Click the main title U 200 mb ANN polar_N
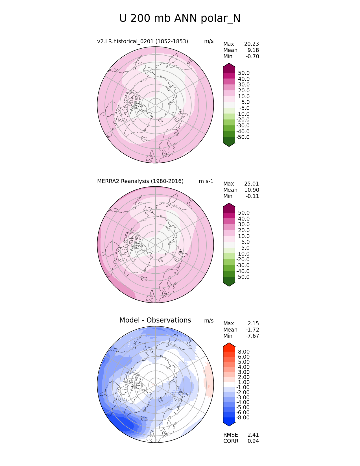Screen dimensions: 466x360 180,19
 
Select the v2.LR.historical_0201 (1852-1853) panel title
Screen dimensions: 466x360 143,42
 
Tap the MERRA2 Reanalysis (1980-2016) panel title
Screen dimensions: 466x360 140,181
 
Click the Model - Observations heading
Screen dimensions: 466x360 155,320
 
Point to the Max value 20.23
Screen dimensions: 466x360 251,44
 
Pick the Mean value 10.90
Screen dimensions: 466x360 251,190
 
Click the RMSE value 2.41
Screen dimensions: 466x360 253,435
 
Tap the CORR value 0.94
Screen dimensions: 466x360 253,441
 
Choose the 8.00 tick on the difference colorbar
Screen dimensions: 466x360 244,352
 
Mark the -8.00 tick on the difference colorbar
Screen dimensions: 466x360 243,418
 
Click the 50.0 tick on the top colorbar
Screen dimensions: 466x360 244,73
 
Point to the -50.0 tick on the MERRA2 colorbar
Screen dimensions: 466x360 243,277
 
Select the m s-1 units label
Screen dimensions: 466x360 206,181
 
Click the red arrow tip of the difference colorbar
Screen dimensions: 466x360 229,345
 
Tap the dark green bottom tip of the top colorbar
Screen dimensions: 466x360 229,144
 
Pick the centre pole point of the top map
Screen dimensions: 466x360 156,105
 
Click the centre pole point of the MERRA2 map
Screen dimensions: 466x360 156,245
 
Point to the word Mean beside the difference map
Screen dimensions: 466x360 230,330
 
